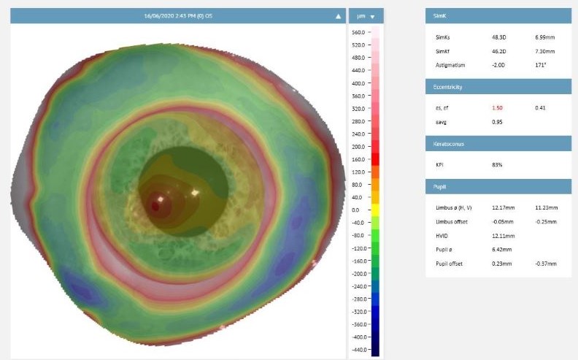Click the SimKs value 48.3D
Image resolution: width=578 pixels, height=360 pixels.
[x=498, y=37]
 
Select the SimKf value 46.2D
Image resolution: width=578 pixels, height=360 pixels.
[x=498, y=51]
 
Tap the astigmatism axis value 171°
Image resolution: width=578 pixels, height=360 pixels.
[x=540, y=65]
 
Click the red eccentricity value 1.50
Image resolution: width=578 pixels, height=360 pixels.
[x=498, y=108]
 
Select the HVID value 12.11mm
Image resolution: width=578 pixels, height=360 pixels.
[x=502, y=236]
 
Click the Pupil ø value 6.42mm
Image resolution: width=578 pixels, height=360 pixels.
[x=501, y=249]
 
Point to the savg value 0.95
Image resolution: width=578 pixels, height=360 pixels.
[x=498, y=122]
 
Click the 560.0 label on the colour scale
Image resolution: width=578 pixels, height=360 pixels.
[x=358, y=33]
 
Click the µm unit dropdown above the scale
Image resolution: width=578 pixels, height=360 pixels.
[x=365, y=15]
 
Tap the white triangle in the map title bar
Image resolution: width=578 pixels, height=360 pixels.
[x=339, y=15]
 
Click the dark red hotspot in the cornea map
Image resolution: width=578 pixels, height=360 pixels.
[x=155, y=206]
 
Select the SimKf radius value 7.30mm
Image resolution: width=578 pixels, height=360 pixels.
[x=544, y=51]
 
